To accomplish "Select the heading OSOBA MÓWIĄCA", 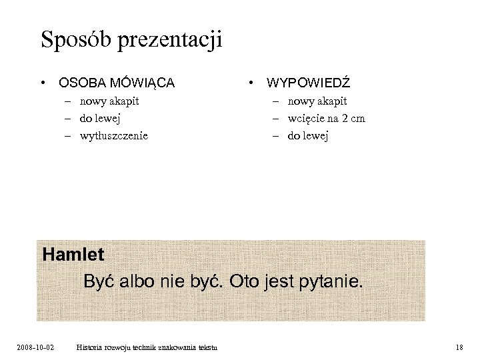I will (117, 83).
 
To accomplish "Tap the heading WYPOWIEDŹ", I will (308, 83).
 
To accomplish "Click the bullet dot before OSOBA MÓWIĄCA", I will (42, 83).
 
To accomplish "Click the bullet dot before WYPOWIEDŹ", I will (250, 83).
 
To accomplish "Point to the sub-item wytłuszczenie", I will (113, 136).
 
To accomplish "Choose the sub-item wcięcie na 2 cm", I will (326, 119).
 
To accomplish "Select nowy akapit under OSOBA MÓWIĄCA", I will (109, 101).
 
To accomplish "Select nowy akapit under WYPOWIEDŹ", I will (317, 101).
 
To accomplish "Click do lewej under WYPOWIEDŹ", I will (308, 136).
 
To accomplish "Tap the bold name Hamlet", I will (73, 255).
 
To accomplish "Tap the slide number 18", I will (459, 347).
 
